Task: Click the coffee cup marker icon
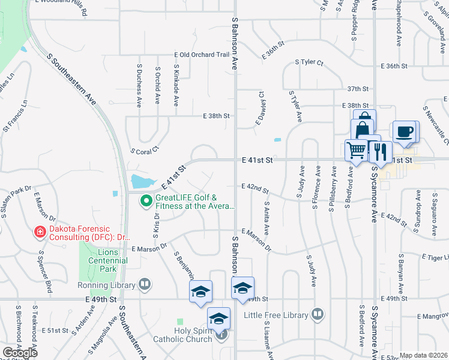403,131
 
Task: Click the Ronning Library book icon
145,284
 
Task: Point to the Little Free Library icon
318,314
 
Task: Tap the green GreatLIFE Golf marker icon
145,201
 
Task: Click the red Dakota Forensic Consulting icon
40,231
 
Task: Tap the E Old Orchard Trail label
202,55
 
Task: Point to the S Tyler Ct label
309,62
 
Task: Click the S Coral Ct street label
144,152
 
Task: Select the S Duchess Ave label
139,85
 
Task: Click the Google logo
20,353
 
